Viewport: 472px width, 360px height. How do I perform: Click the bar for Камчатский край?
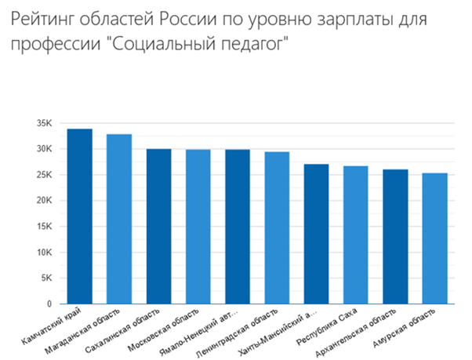click(80, 216)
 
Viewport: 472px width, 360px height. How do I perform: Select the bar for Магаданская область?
click(119, 219)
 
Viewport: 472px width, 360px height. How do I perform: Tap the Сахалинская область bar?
click(158, 226)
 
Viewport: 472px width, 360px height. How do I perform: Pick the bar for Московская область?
click(198, 227)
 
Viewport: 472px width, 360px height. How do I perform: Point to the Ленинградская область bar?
click(277, 227)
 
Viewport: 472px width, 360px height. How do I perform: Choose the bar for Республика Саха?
click(355, 235)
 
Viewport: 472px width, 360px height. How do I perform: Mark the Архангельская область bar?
click(394, 236)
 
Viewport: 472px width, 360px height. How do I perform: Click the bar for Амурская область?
click(434, 238)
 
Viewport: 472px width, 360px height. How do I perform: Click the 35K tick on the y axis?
click(44, 123)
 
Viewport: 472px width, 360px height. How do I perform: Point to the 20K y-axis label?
click(44, 200)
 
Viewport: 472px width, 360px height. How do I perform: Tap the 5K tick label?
click(46, 278)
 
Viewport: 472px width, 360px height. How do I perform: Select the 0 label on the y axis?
click(49, 304)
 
